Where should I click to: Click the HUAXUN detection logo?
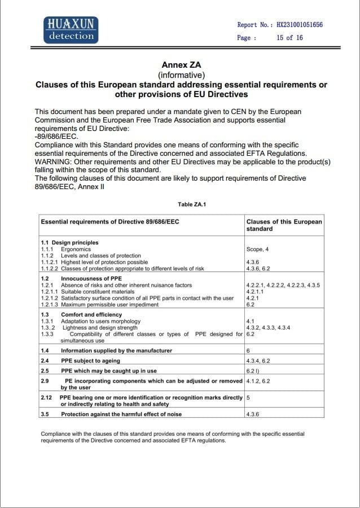coord(71,30)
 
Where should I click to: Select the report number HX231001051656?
coord(300,25)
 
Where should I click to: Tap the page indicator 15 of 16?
coord(289,38)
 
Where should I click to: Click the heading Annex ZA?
coord(181,65)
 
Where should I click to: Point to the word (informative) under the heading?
coord(181,75)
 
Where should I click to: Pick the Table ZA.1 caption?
coord(192,204)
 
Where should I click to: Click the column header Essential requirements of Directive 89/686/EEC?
coord(110,222)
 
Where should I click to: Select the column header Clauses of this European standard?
coord(284,225)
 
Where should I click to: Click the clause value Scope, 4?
coord(257,249)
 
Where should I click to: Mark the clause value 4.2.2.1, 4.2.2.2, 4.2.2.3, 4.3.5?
coord(283,286)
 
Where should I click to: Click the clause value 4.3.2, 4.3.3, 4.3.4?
coord(268,328)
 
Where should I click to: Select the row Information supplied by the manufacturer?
coord(116,351)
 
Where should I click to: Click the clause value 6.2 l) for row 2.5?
coord(253,371)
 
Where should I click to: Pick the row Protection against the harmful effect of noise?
coord(121,414)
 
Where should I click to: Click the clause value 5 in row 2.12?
coord(248,397)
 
